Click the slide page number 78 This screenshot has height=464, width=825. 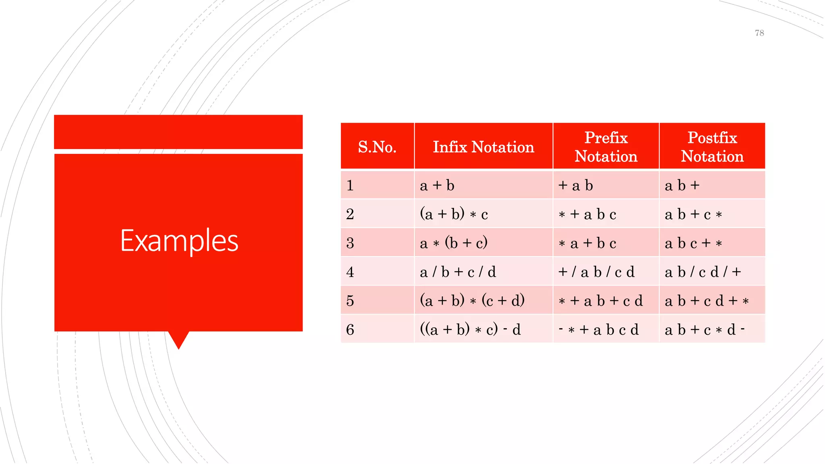759,33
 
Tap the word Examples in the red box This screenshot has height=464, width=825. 179,240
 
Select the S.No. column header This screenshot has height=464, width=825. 377,147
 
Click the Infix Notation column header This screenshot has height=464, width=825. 483,147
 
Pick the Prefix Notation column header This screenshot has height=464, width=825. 606,147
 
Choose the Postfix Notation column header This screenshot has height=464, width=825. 712,147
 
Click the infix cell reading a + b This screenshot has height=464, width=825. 437,186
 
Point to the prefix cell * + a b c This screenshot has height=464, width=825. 587,214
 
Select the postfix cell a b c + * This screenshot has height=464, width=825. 693,243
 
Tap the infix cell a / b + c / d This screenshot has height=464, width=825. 458,272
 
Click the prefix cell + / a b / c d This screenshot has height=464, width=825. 596,272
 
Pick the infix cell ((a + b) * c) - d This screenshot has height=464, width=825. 470,330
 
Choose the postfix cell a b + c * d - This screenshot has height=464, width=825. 704,330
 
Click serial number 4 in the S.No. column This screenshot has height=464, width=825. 350,272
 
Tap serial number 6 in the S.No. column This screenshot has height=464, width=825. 350,330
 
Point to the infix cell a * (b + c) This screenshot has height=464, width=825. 454,243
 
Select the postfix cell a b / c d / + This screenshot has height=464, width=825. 703,272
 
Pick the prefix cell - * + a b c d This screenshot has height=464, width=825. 599,330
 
